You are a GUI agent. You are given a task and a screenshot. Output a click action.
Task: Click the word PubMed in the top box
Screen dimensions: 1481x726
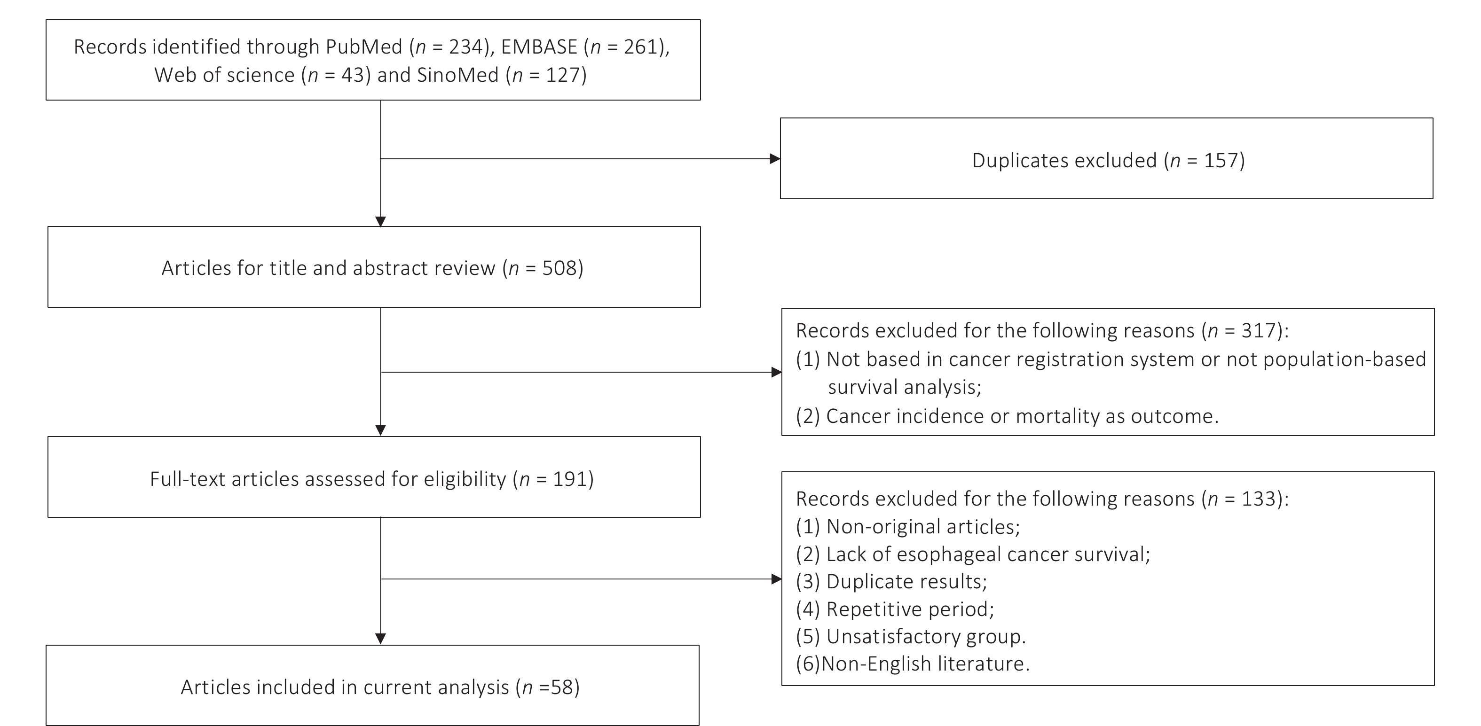click(x=364, y=47)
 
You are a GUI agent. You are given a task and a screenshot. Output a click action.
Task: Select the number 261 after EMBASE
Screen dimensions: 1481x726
click(x=640, y=47)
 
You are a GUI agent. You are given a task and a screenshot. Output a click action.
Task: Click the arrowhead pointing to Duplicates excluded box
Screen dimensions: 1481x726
click(x=775, y=159)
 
